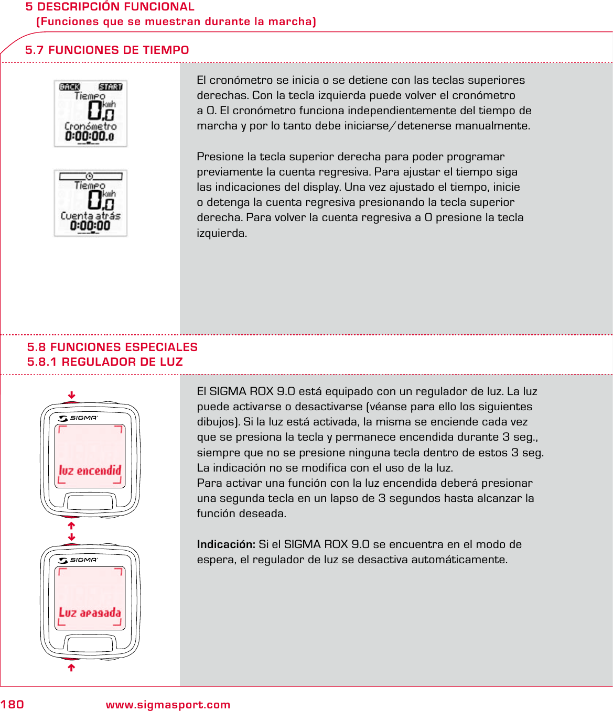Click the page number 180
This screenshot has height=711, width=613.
(x=12, y=704)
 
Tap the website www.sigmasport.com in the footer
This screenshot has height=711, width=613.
(x=168, y=705)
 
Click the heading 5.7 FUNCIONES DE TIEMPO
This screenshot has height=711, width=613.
(x=107, y=50)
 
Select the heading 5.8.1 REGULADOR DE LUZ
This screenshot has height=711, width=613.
(x=105, y=362)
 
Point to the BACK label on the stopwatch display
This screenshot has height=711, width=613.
(x=70, y=87)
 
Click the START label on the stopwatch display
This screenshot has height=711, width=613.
(x=110, y=87)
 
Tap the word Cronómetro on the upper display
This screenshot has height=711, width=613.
(x=90, y=126)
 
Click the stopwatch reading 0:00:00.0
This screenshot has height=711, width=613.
(x=90, y=137)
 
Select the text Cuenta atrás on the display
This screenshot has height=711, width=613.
(x=90, y=216)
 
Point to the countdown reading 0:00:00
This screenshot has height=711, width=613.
(x=90, y=226)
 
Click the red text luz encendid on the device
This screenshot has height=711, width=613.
(x=90, y=471)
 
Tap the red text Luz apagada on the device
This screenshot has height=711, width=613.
(x=90, y=612)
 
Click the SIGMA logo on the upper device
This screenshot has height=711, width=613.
(x=79, y=418)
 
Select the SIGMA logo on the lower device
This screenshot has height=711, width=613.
(x=79, y=560)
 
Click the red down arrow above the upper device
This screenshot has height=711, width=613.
(x=72, y=395)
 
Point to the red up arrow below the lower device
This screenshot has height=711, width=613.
(x=72, y=668)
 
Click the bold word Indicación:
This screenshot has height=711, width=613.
(x=226, y=544)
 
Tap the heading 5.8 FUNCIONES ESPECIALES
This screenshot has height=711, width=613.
(x=112, y=347)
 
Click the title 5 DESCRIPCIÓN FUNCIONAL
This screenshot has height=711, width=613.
(x=110, y=7)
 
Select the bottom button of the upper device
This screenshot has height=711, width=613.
(x=90, y=502)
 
